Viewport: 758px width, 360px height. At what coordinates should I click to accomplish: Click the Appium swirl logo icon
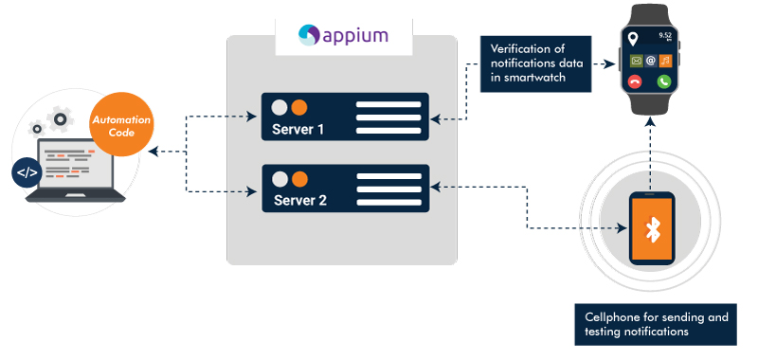pyautogui.click(x=310, y=36)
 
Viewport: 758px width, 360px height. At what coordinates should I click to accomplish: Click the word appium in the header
pyautogui.click(x=356, y=36)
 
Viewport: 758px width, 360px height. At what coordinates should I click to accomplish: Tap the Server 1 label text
pyautogui.click(x=298, y=130)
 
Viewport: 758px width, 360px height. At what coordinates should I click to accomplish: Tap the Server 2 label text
pyautogui.click(x=299, y=200)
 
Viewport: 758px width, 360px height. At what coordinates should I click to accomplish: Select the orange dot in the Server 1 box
pyautogui.click(x=299, y=106)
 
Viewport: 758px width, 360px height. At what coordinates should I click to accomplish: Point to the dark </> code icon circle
pyautogui.click(x=26, y=172)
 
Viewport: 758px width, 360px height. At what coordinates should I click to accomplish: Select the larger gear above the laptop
pyautogui.click(x=62, y=119)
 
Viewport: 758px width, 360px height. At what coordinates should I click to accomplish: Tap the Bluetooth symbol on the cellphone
pyautogui.click(x=652, y=228)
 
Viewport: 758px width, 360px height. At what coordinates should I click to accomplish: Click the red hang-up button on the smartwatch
pyautogui.click(x=636, y=82)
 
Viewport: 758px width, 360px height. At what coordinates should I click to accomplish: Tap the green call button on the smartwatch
pyautogui.click(x=667, y=82)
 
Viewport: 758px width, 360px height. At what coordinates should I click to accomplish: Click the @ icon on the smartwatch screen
pyautogui.click(x=651, y=62)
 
